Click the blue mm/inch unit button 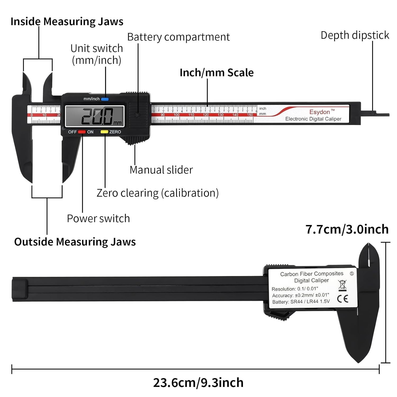[x=105, y=99]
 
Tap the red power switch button [x=82, y=132]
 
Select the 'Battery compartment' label [x=178, y=37]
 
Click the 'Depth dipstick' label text [x=355, y=35]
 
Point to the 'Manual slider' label [x=161, y=170]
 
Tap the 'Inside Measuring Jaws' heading [x=67, y=21]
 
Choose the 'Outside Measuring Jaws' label [x=75, y=242]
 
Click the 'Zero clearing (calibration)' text [x=157, y=193]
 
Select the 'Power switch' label [x=98, y=219]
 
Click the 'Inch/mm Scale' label [x=216, y=73]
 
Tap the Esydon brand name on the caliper [x=320, y=112]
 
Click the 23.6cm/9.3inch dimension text [x=198, y=383]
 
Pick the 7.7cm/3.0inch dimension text [x=347, y=229]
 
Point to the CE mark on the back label [x=343, y=299]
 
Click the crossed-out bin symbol [x=342, y=285]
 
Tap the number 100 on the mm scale [x=177, y=115]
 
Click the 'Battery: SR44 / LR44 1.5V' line [x=301, y=302]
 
